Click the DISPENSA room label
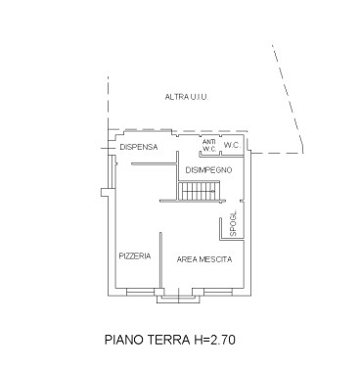(139, 147)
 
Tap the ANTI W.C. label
(209, 146)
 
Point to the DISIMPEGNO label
(208, 170)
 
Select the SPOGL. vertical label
(233, 223)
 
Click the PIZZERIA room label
(135, 256)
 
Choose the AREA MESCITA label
(204, 259)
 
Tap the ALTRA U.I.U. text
(187, 97)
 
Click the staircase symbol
(197, 191)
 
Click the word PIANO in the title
(124, 340)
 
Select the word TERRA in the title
(169, 340)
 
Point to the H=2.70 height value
(214, 340)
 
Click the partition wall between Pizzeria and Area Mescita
(160, 260)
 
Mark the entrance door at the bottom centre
(179, 296)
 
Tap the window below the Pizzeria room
(140, 292)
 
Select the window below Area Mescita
(218, 292)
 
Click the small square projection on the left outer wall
(105, 193)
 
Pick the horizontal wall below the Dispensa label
(154, 163)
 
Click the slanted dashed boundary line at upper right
(288, 99)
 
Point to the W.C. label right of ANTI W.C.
(232, 146)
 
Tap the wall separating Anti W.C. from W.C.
(220, 146)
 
